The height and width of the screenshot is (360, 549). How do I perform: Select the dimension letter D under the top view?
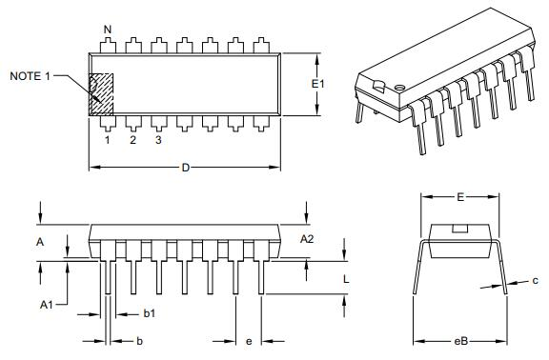tap(185, 168)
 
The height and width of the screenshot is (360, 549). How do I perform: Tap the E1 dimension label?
tap(318, 84)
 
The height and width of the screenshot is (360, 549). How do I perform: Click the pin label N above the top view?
tap(107, 30)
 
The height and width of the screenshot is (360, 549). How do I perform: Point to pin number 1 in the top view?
tap(107, 140)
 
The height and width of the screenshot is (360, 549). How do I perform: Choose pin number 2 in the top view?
tap(132, 140)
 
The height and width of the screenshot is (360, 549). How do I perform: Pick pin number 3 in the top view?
tap(158, 140)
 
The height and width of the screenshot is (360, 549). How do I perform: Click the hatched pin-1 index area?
tap(101, 94)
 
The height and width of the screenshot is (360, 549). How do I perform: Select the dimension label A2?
tap(306, 238)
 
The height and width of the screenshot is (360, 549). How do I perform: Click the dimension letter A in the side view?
tap(40, 242)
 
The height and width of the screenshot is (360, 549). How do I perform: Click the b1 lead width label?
tap(150, 313)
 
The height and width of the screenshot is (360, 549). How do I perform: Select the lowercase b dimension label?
tap(140, 340)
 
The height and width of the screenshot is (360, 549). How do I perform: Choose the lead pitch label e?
tap(249, 340)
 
